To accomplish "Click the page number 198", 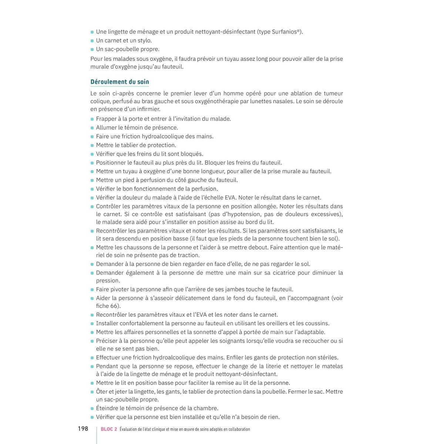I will click(x=83, y=428).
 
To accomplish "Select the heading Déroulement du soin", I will click(x=120, y=82).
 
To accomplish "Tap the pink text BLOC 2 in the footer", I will click(x=109, y=429).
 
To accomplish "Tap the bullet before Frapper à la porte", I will click(x=92, y=119).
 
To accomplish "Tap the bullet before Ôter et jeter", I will click(x=92, y=392).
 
